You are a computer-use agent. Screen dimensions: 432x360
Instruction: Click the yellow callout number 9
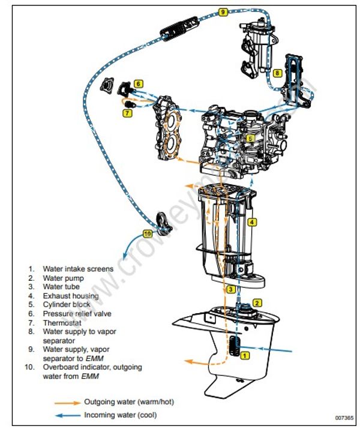tap(223, 12)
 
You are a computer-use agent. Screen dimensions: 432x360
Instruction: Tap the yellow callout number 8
tap(277, 73)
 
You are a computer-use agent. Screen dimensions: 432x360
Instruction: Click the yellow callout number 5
tap(250, 137)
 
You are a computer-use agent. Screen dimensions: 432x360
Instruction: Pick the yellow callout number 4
tap(253, 222)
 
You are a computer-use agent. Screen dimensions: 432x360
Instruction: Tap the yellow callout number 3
tap(230, 289)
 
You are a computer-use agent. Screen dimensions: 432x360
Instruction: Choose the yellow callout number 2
tap(257, 304)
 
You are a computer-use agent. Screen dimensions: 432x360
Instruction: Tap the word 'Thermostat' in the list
tap(61, 322)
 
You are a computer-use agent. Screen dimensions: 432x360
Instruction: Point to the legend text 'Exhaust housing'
tap(70, 295)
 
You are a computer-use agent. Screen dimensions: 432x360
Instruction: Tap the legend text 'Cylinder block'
tap(66, 304)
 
